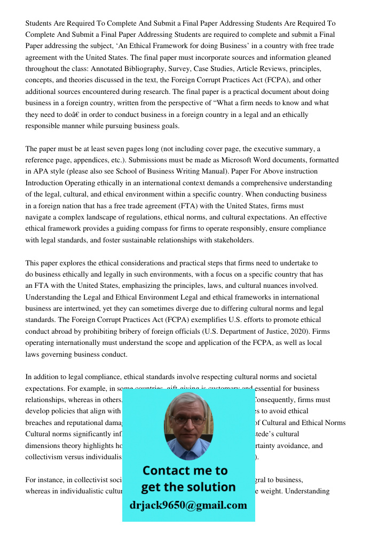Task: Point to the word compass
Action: tap(154, 229)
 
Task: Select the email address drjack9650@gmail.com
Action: tap(188, 505)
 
